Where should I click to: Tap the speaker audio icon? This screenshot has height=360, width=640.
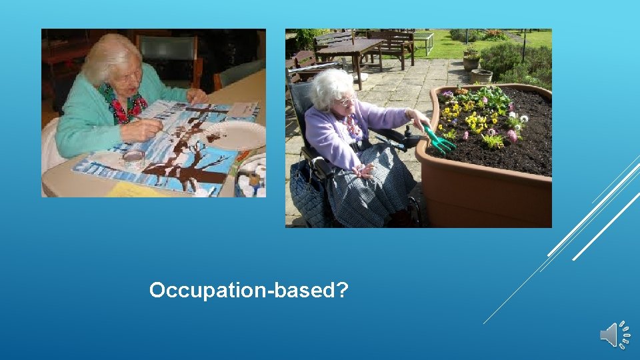(x=615, y=335)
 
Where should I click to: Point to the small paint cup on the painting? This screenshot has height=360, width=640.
(x=134, y=159)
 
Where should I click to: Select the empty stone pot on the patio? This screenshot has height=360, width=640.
(x=481, y=76)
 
